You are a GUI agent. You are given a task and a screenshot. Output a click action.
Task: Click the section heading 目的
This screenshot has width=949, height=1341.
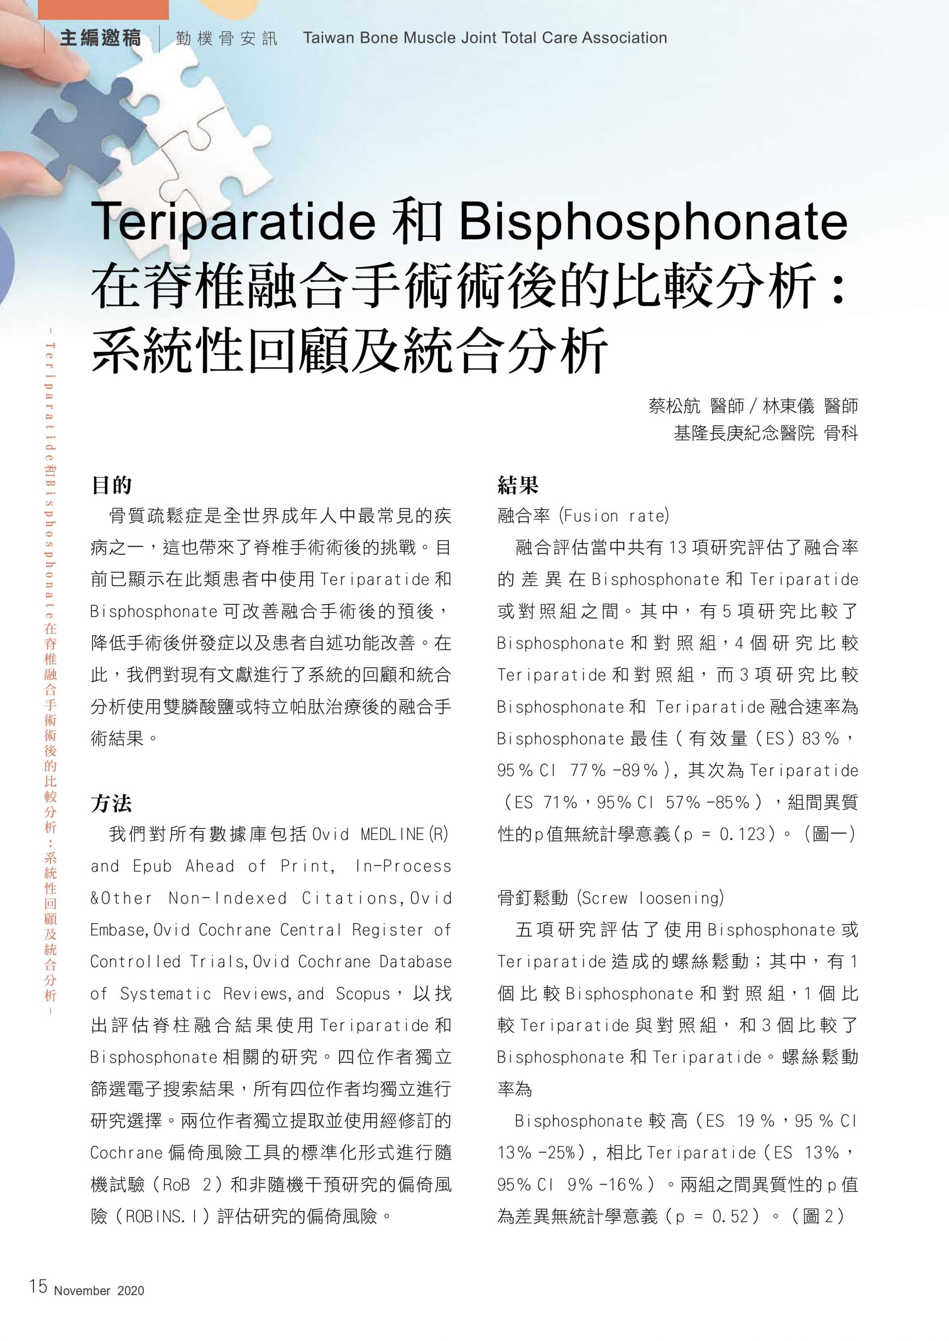pos(111,485)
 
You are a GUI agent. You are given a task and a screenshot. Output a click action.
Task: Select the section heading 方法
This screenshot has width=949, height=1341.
pos(111,804)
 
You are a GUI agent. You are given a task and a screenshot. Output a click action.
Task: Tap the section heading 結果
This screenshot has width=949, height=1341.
pos(518,485)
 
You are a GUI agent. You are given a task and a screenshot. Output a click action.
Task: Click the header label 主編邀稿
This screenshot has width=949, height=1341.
pos(100,39)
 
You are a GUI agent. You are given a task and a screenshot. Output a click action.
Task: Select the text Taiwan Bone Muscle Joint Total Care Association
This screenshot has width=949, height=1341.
pos(484,38)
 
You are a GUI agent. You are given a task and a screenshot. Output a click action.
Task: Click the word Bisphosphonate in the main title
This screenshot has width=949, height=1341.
pos(653,222)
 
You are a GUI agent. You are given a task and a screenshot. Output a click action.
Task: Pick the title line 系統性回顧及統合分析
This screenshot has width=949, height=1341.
pos(349,351)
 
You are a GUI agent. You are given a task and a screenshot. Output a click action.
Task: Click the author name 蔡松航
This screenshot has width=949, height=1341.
pos(674,406)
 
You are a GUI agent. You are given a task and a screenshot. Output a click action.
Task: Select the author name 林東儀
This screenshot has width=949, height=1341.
pos(788,406)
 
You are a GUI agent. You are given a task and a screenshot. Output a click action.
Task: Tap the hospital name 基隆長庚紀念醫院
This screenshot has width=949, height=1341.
pos(743,433)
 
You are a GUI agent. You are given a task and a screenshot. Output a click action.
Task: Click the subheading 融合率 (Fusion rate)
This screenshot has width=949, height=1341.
pos(583,516)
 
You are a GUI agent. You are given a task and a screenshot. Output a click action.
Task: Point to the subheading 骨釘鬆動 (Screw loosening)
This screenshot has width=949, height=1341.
pos(610,897)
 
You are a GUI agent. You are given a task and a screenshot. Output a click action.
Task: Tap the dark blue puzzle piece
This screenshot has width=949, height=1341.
pos(87,122)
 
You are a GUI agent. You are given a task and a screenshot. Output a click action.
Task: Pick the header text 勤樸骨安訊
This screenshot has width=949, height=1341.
pos(226,39)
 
